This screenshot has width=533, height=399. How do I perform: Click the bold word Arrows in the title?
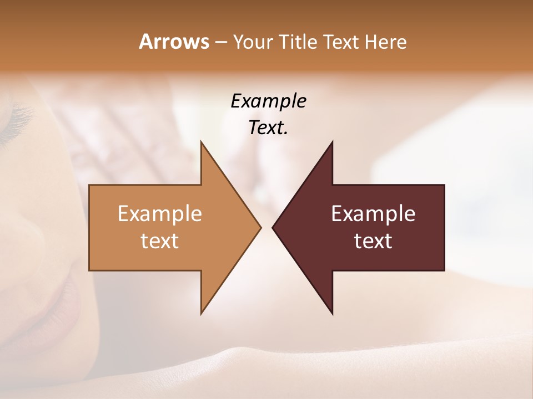[173, 42]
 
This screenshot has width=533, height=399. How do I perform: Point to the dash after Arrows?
[220, 42]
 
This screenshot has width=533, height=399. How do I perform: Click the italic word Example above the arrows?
[268, 101]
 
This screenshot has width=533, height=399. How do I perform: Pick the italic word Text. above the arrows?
[268, 127]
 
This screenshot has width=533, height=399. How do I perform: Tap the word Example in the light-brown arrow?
[160, 214]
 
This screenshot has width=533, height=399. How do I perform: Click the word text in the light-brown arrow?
[160, 241]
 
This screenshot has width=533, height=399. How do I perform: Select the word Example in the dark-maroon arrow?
[373, 214]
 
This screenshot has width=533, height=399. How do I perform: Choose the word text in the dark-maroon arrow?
[373, 241]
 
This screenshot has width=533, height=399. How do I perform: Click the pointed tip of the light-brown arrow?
[260, 227]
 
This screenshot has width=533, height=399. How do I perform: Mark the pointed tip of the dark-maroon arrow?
[273, 227]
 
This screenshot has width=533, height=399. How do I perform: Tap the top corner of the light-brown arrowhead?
[202, 142]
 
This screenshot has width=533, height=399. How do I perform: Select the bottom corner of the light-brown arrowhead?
[202, 314]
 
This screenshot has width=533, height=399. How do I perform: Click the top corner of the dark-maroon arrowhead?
[332, 142]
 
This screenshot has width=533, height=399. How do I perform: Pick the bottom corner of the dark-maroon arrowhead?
[332, 314]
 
